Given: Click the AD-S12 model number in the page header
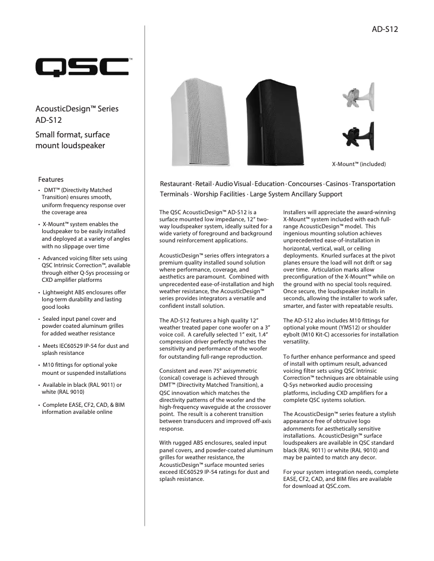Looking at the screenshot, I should (x=384, y=29).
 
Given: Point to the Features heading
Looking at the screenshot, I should (x=51, y=179).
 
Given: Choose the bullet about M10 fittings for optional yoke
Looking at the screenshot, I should (x=81, y=369).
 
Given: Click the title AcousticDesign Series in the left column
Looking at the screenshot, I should (x=76, y=109).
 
